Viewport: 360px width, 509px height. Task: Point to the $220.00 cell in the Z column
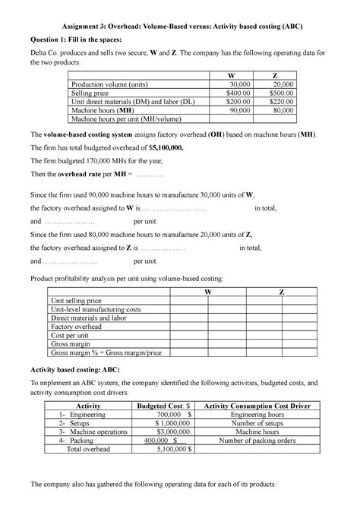click(285, 101)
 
